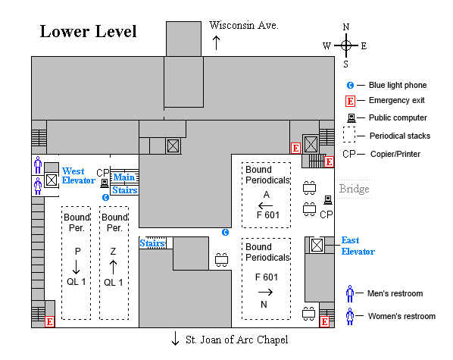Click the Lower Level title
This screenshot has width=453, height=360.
pos(88,32)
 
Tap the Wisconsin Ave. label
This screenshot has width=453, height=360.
pos(244,25)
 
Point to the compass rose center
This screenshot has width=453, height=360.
pos(345,45)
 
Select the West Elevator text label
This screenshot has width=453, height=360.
pos(79,176)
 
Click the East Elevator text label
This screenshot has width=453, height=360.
pos(358,246)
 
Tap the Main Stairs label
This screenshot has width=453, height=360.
pos(124,184)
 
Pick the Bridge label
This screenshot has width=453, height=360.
pos(355,189)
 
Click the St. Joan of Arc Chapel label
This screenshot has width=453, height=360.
pos(236,340)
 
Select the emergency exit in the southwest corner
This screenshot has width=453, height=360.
pos(49,321)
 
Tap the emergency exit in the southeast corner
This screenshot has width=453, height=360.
pos(324,321)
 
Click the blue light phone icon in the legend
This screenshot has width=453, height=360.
pos(350,85)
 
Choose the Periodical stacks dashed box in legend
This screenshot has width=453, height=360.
pos(349,136)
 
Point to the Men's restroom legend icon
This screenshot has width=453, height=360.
pos(350,293)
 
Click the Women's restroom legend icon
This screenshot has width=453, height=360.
pos(350,316)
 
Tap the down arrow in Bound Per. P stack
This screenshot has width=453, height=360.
pos(76,267)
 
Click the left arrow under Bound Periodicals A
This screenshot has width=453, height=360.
pos(266,205)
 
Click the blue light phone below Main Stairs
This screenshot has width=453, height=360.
pos(105,197)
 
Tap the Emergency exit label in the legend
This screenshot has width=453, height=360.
pos(396,100)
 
